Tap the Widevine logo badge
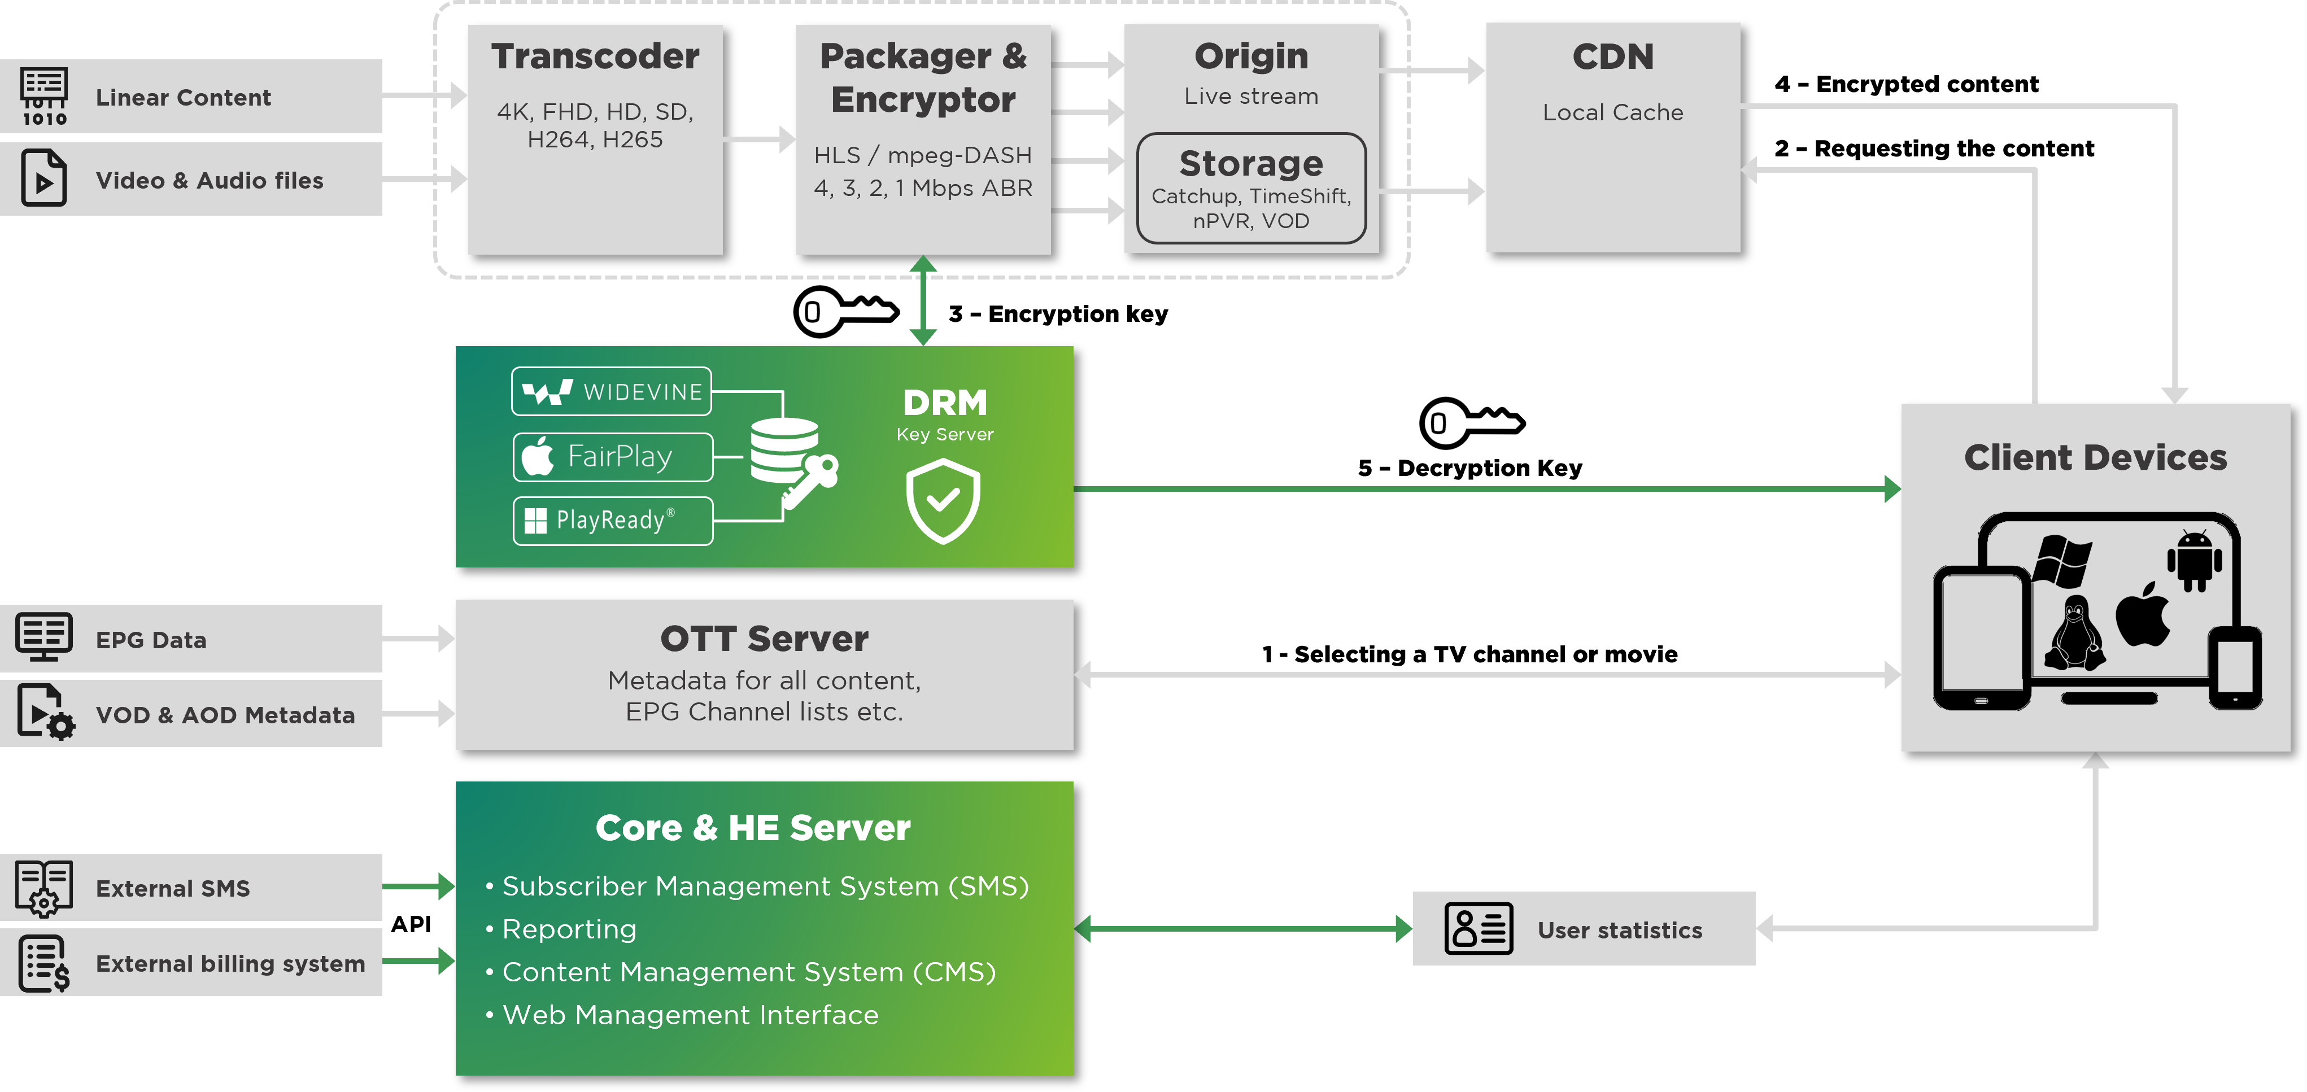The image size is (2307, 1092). pyautogui.click(x=612, y=391)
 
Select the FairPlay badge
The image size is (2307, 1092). pyautogui.click(x=613, y=456)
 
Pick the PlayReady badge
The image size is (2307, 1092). pyautogui.click(x=613, y=520)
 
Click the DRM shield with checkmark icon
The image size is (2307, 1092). pyautogui.click(x=943, y=501)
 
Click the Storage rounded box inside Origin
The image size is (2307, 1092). pyautogui.click(x=1251, y=188)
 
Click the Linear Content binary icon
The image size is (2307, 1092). pyautogui.click(x=44, y=97)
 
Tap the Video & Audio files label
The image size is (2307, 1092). pyautogui.click(x=210, y=181)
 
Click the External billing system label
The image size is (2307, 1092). pyautogui.click(x=230, y=963)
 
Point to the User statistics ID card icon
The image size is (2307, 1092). pyautogui.click(x=1478, y=928)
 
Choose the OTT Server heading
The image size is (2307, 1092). pyautogui.click(x=764, y=639)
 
